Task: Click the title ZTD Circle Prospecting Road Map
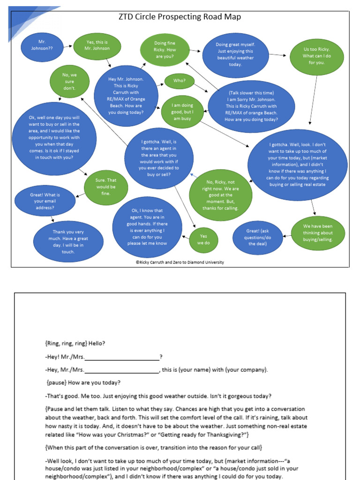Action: [x=180, y=17]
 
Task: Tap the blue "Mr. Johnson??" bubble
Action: [x=42, y=45]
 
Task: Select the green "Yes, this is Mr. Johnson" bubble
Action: [x=97, y=45]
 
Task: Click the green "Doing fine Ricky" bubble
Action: [x=165, y=50]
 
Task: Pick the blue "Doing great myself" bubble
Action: [x=235, y=55]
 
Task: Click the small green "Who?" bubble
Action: [x=180, y=81]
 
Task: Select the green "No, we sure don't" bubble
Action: [x=69, y=82]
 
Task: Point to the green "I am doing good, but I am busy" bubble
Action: [x=183, y=112]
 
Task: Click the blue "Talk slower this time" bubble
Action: [x=251, y=106]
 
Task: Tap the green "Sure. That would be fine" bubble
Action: [x=106, y=187]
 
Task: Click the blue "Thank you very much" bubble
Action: [x=68, y=241]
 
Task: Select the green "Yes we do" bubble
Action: [x=203, y=240]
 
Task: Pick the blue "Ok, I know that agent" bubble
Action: [x=147, y=227]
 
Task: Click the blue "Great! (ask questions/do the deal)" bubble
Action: [x=258, y=237]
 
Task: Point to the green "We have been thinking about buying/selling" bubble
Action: [x=317, y=233]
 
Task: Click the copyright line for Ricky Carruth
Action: [x=180, y=262]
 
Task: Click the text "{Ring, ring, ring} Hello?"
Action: [x=75, y=344]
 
